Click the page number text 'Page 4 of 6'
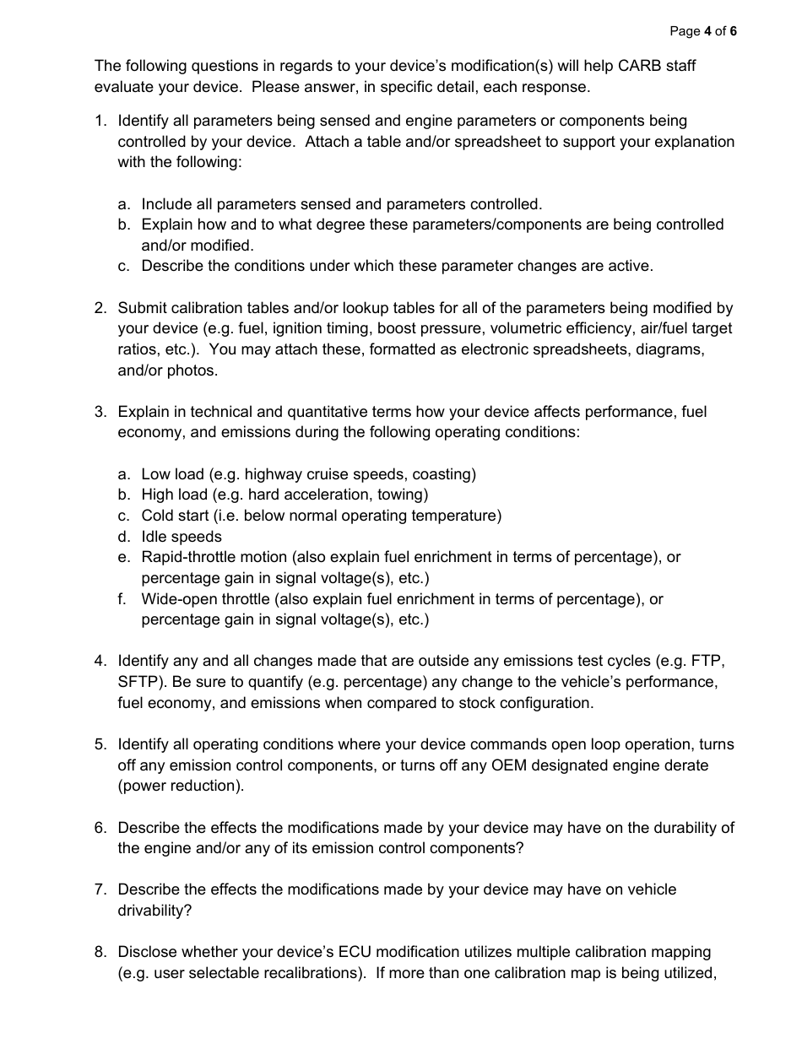(x=702, y=31)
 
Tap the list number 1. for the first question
(x=100, y=121)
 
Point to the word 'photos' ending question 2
(x=194, y=370)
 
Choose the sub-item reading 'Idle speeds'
(x=182, y=537)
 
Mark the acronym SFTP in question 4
(x=138, y=681)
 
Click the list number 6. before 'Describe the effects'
(x=100, y=827)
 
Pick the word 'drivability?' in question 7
(x=154, y=911)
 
